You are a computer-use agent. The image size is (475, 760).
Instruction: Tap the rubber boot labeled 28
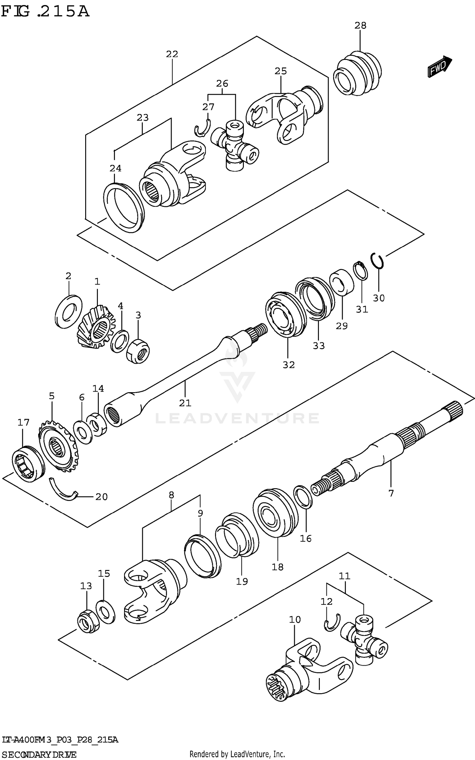pyautogui.click(x=358, y=73)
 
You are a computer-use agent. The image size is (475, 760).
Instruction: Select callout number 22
pyautogui.click(x=172, y=54)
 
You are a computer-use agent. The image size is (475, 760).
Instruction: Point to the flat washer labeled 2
pyautogui.click(x=68, y=311)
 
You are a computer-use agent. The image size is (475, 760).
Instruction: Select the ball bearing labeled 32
pyautogui.click(x=284, y=314)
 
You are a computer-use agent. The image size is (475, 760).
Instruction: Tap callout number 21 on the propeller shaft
pyautogui.click(x=185, y=403)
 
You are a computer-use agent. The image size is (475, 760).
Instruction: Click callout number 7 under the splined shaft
pyautogui.click(x=391, y=493)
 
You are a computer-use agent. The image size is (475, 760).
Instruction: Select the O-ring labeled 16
pyautogui.click(x=303, y=497)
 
